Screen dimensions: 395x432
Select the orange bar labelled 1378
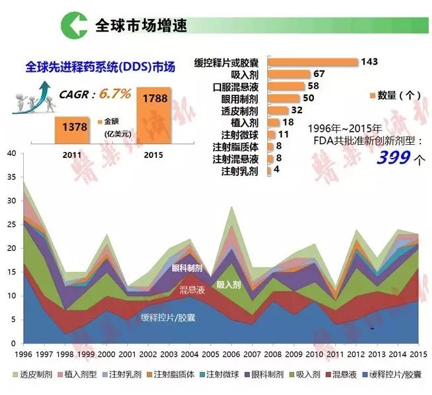75,126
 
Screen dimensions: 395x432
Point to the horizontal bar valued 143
313,62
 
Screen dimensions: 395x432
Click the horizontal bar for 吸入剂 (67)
290,74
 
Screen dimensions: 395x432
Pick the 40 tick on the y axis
11,154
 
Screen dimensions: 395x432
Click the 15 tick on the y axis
11,272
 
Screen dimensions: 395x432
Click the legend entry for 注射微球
224,375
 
